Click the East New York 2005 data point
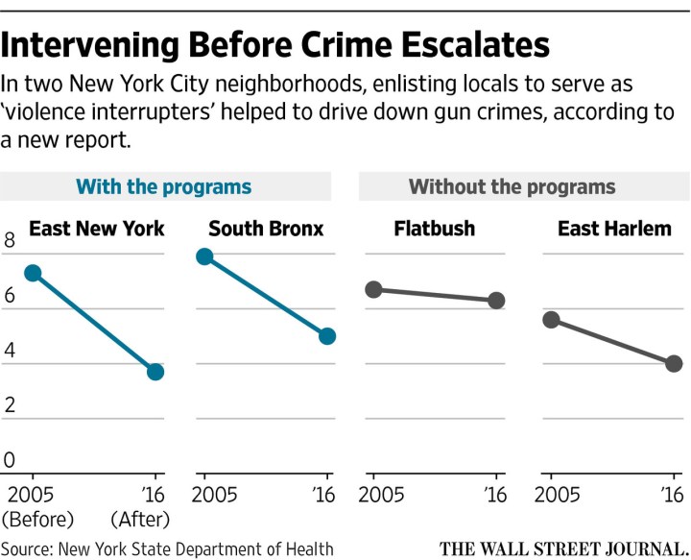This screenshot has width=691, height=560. [x=33, y=274]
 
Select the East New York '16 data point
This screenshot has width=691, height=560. [x=155, y=371]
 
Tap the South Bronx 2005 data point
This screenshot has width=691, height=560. [x=203, y=256]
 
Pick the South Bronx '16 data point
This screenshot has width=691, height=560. [x=327, y=336]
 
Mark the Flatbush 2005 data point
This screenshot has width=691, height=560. [x=374, y=289]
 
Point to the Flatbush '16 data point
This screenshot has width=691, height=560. [x=496, y=301]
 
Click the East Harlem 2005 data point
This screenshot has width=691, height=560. [x=551, y=320]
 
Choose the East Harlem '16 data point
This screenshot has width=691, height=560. [x=674, y=363]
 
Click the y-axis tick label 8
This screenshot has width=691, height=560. [x=10, y=243]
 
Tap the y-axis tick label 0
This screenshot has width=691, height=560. [x=10, y=460]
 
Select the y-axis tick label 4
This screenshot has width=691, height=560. [x=10, y=352]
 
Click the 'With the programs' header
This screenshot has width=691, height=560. [x=163, y=186]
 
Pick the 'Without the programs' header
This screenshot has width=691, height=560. [x=512, y=186]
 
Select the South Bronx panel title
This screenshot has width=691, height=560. [x=266, y=229]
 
